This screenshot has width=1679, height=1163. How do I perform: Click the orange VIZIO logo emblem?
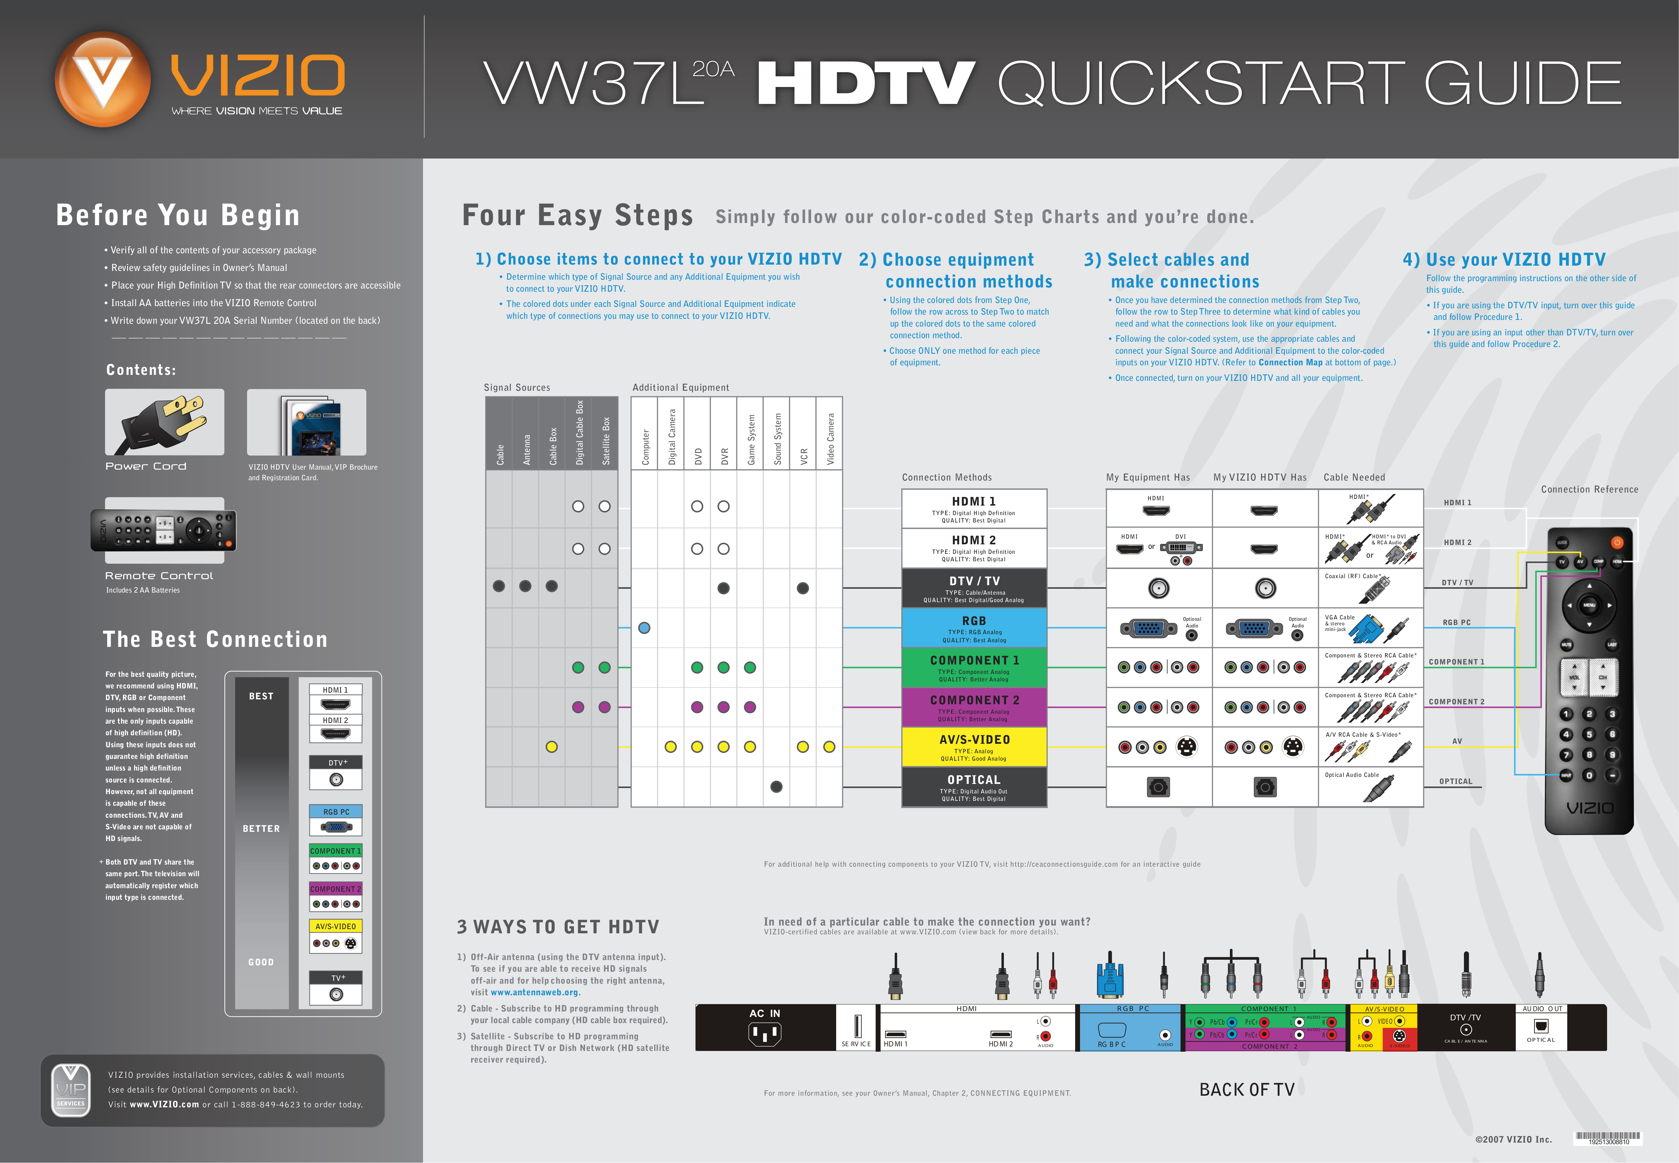pyautogui.click(x=103, y=79)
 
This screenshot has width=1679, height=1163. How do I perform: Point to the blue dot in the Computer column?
pyautogui.click(x=644, y=628)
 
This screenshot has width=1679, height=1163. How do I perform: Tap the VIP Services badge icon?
pyautogui.click(x=71, y=1089)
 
